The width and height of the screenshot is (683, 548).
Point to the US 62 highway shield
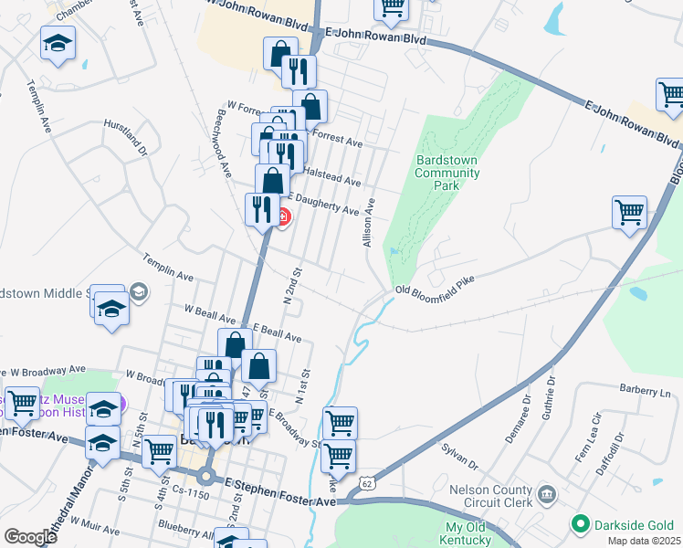(x=367, y=481)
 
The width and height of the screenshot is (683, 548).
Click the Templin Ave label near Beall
(x=168, y=268)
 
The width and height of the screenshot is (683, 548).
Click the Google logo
(x=29, y=537)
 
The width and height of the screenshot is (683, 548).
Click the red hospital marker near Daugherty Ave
(x=283, y=217)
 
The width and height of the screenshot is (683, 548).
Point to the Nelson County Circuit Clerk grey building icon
(x=546, y=494)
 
